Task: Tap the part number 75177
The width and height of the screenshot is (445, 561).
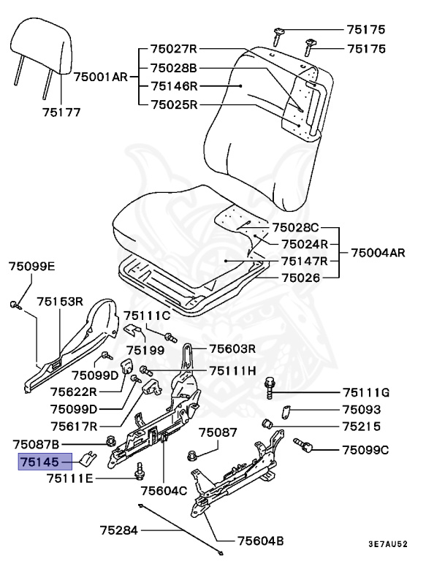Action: coord(61,112)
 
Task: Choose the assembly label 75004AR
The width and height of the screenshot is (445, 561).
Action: coord(378,253)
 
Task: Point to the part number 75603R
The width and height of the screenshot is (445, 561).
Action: coord(232,348)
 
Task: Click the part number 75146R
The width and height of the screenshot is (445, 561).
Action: coord(174,85)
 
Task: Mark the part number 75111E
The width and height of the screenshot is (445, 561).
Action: coord(70,478)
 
